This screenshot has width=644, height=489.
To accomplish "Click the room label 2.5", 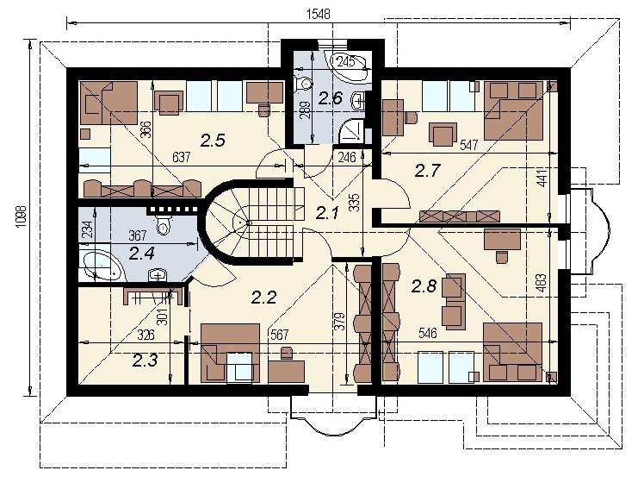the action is tap(214, 141).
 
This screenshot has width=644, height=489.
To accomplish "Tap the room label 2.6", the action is tap(331, 98).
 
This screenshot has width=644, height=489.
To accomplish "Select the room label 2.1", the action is tap(327, 213).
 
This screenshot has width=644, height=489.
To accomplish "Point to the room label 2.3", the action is tap(145, 360).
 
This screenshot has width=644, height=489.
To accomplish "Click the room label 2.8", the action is tap(424, 285).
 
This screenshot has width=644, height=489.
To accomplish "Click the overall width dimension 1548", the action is tap(319, 15).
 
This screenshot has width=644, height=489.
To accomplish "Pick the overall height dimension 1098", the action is tap(22, 218).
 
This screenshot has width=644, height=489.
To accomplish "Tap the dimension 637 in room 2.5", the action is tap(181, 157).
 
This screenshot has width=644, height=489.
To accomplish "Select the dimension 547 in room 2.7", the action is tap(469, 145).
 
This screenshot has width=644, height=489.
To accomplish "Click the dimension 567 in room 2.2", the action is tap(279, 335).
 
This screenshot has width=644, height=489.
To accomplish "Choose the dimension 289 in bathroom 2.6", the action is tap(305, 109).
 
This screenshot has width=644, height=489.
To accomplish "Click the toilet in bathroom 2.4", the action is tap(164, 224).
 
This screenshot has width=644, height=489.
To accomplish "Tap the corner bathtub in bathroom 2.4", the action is tap(102, 266).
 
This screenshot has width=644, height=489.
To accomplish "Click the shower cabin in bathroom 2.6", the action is tap(352, 130).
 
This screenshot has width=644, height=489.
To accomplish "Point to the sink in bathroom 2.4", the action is tap(158, 274).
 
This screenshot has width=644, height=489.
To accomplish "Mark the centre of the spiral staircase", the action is tap(249, 223).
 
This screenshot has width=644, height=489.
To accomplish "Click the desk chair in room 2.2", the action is tap(286, 352).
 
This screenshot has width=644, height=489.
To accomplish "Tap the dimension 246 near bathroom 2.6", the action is tap(347, 157).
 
